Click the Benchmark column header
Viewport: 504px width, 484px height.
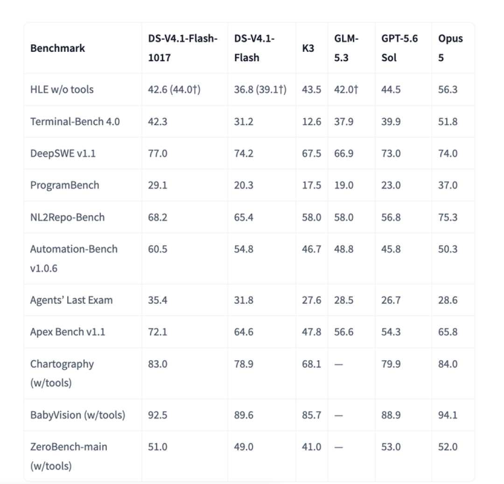tap(57, 48)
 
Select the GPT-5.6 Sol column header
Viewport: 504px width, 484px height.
tap(399, 48)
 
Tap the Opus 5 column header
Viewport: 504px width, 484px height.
tap(450, 48)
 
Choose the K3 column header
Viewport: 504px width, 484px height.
tap(308, 48)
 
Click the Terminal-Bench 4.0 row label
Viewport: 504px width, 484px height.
tap(75, 121)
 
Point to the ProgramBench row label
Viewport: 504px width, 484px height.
tap(64, 185)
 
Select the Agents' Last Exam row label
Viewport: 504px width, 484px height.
tap(71, 300)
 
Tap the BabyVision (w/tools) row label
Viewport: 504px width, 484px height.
tap(77, 415)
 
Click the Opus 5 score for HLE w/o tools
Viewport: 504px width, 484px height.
tap(448, 89)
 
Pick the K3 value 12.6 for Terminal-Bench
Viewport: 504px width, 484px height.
tap(311, 121)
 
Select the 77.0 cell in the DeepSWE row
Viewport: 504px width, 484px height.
tap(158, 153)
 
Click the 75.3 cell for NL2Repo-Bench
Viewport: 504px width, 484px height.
tap(448, 217)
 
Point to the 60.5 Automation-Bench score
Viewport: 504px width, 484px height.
tap(158, 249)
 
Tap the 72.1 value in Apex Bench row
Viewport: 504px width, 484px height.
tap(158, 332)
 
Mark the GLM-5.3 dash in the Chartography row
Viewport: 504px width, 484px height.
tap(338, 365)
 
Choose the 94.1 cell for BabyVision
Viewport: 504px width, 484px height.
tap(448, 415)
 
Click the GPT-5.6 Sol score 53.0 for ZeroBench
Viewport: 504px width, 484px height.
tap(391, 447)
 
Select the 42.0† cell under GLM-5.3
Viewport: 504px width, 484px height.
tap(346, 89)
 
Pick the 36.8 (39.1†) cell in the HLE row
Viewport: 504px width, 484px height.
tap(260, 89)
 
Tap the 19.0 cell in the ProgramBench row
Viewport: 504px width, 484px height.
tap(343, 185)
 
